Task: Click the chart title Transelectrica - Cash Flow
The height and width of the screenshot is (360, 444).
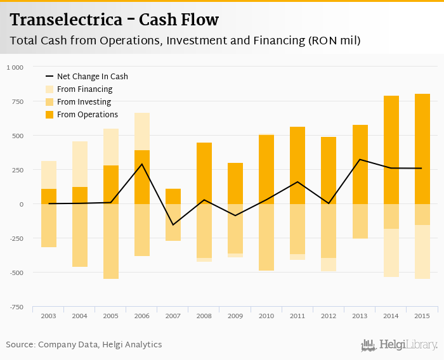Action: [x=114, y=20]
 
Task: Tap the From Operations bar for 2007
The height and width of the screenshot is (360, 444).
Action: [x=173, y=196]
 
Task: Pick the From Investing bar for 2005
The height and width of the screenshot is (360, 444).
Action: [x=111, y=241]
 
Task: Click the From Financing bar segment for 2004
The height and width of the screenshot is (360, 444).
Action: [x=80, y=164]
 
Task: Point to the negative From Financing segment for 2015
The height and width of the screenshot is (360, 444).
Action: [x=422, y=252]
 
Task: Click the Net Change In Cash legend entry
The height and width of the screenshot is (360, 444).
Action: [x=92, y=77]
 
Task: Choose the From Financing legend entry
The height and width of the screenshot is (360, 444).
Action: [x=84, y=89]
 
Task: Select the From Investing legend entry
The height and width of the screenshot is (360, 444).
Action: [x=84, y=102]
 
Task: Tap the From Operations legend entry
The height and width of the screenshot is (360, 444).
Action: [x=87, y=115]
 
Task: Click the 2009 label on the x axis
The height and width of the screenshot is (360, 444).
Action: [x=235, y=316]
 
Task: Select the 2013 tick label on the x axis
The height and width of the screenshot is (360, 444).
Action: [x=360, y=316]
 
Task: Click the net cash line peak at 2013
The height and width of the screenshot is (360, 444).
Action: [x=360, y=160]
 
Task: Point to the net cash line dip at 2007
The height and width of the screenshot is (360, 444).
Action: [x=173, y=224]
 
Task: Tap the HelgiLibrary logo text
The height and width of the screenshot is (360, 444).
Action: [x=408, y=345]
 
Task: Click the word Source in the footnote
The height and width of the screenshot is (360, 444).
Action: [x=20, y=345]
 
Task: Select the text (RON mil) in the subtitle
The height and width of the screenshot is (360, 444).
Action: [x=335, y=41]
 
